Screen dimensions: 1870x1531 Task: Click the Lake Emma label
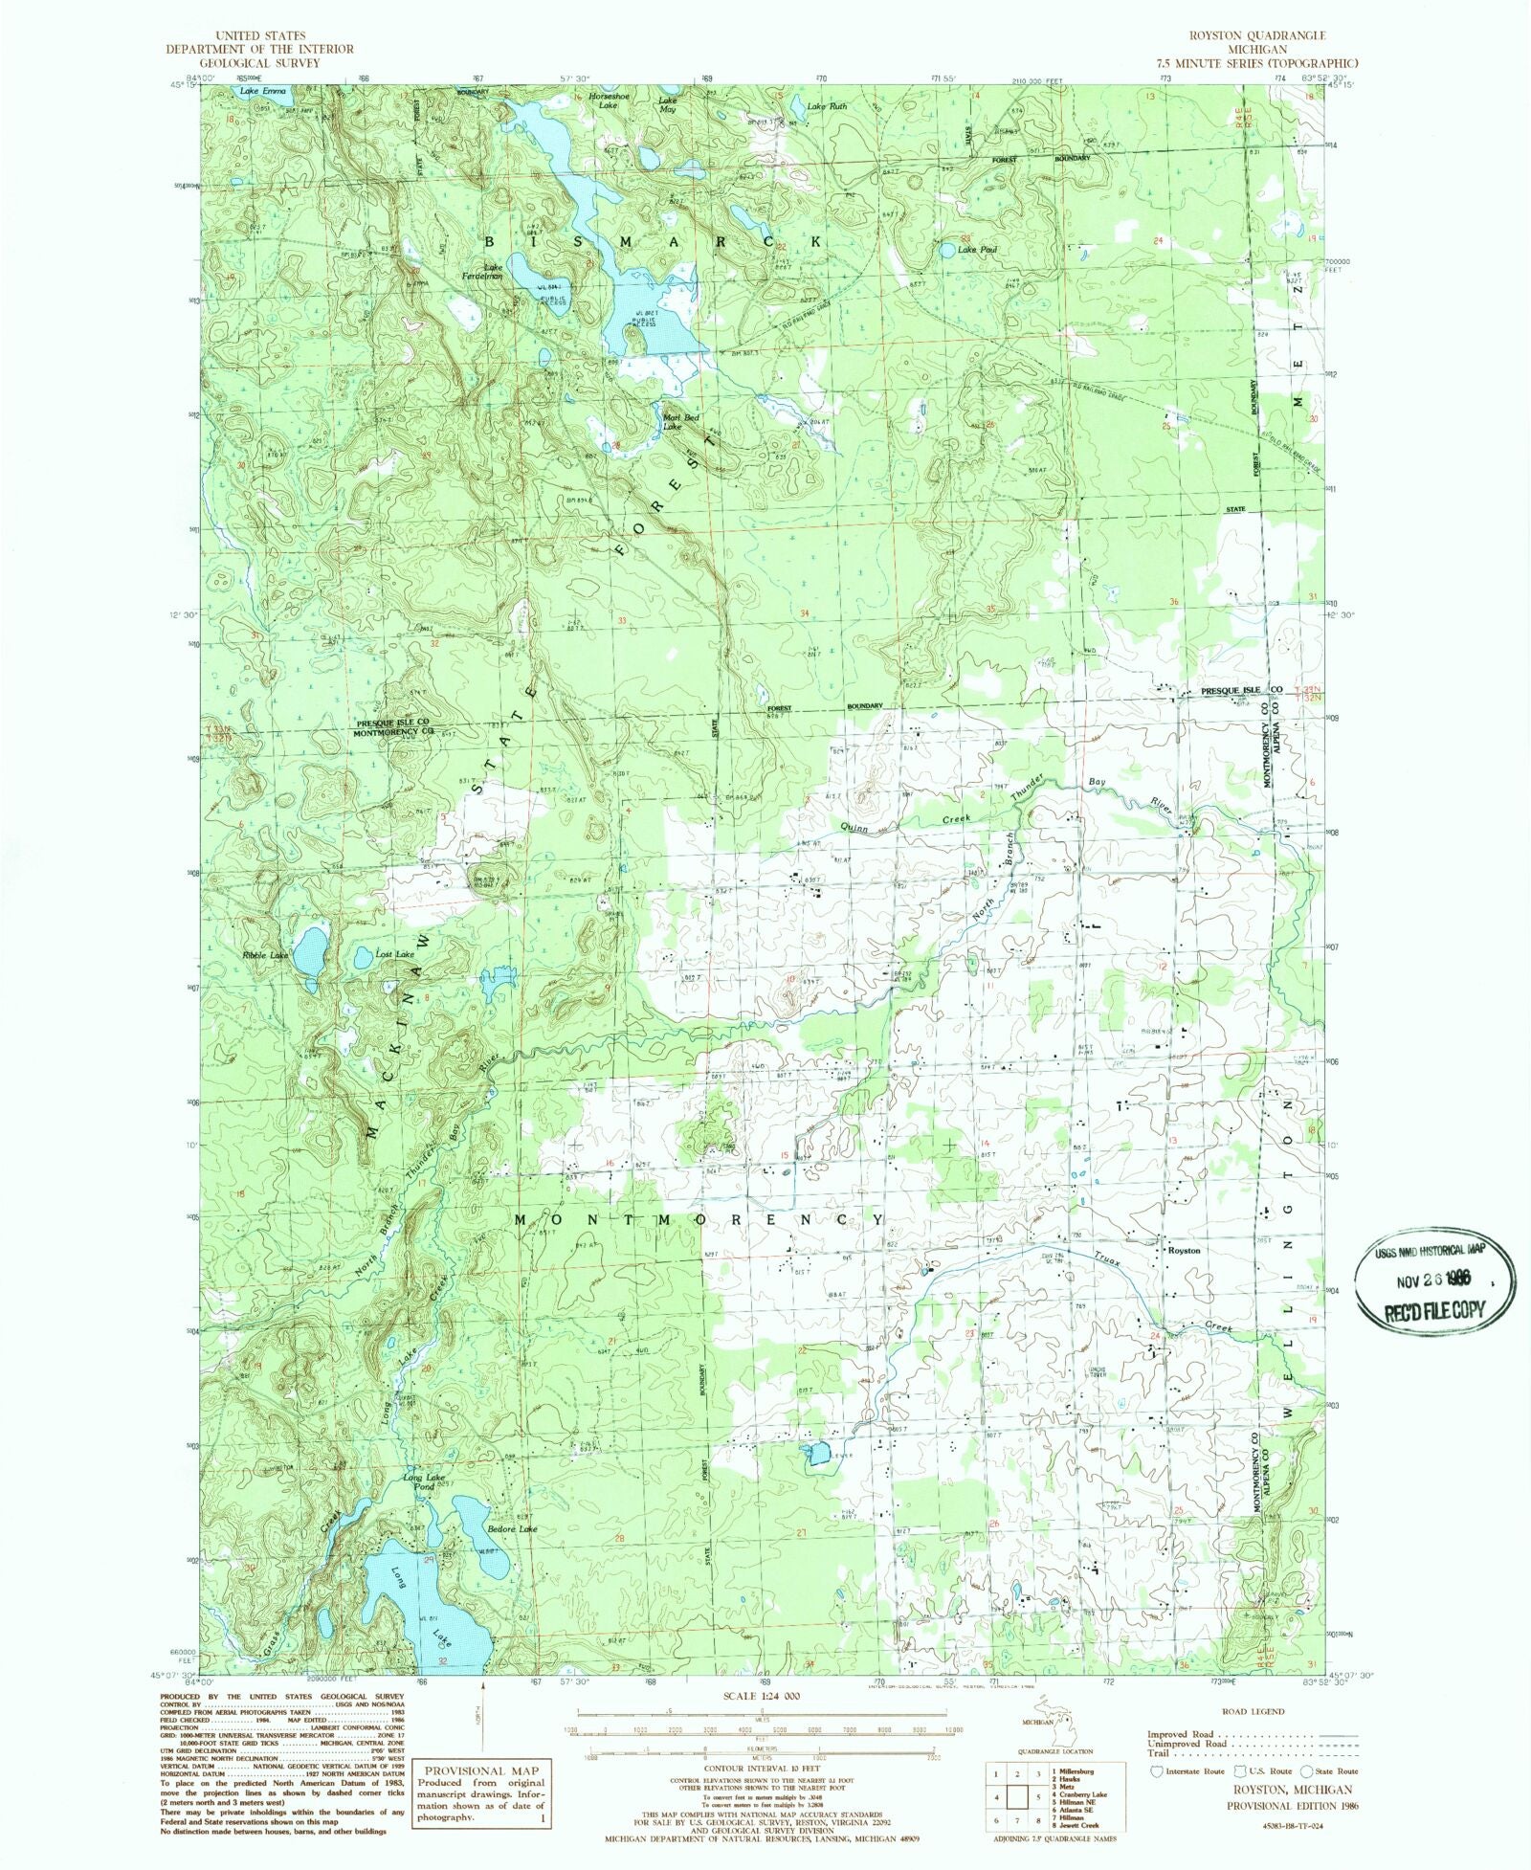coord(262,91)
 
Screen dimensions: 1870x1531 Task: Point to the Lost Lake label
coord(394,954)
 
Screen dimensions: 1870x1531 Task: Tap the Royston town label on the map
coord(1184,1250)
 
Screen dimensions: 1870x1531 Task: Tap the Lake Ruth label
coord(827,106)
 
